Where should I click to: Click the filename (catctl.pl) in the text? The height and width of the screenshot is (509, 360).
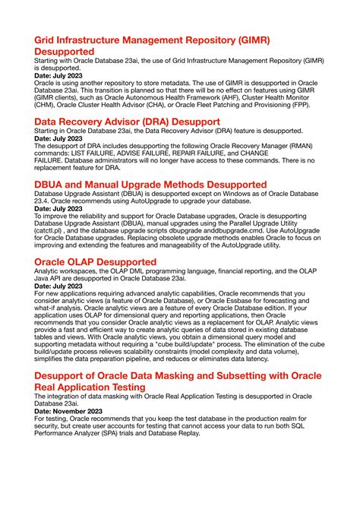pyautogui.click(x=51, y=230)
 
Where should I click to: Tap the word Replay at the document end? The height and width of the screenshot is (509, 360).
pyautogui.click(x=204, y=439)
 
